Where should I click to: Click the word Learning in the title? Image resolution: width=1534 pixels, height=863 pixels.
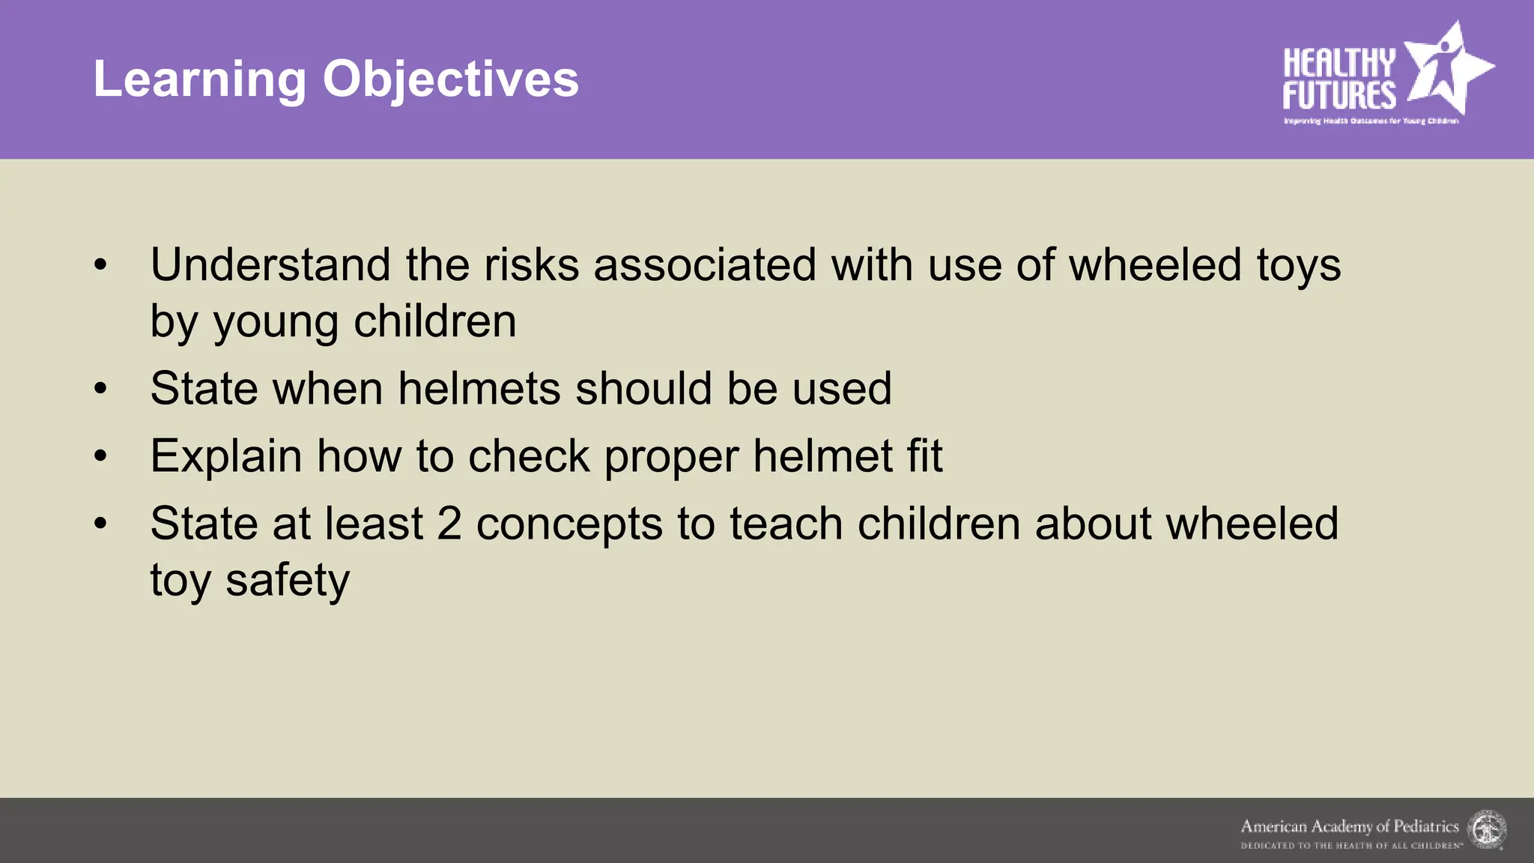[199, 79]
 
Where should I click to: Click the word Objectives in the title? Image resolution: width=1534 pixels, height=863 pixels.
[450, 79]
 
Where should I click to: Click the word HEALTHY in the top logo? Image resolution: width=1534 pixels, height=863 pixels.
[1339, 63]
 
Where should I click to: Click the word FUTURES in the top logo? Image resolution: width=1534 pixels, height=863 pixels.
[1339, 96]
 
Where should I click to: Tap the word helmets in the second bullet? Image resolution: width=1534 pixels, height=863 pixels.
[479, 389]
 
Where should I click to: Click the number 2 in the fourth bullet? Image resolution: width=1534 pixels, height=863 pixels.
[449, 524]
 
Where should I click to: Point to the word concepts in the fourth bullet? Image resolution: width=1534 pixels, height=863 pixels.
[569, 525]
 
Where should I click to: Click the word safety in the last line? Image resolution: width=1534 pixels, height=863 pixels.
[288, 581]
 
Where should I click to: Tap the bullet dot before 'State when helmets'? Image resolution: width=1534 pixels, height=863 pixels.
[101, 389]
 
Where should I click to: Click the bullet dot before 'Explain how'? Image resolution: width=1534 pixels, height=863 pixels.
[101, 456]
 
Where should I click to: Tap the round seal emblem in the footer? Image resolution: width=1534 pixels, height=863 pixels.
[1487, 830]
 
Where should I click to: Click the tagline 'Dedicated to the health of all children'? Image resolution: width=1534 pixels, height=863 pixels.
[1351, 846]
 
